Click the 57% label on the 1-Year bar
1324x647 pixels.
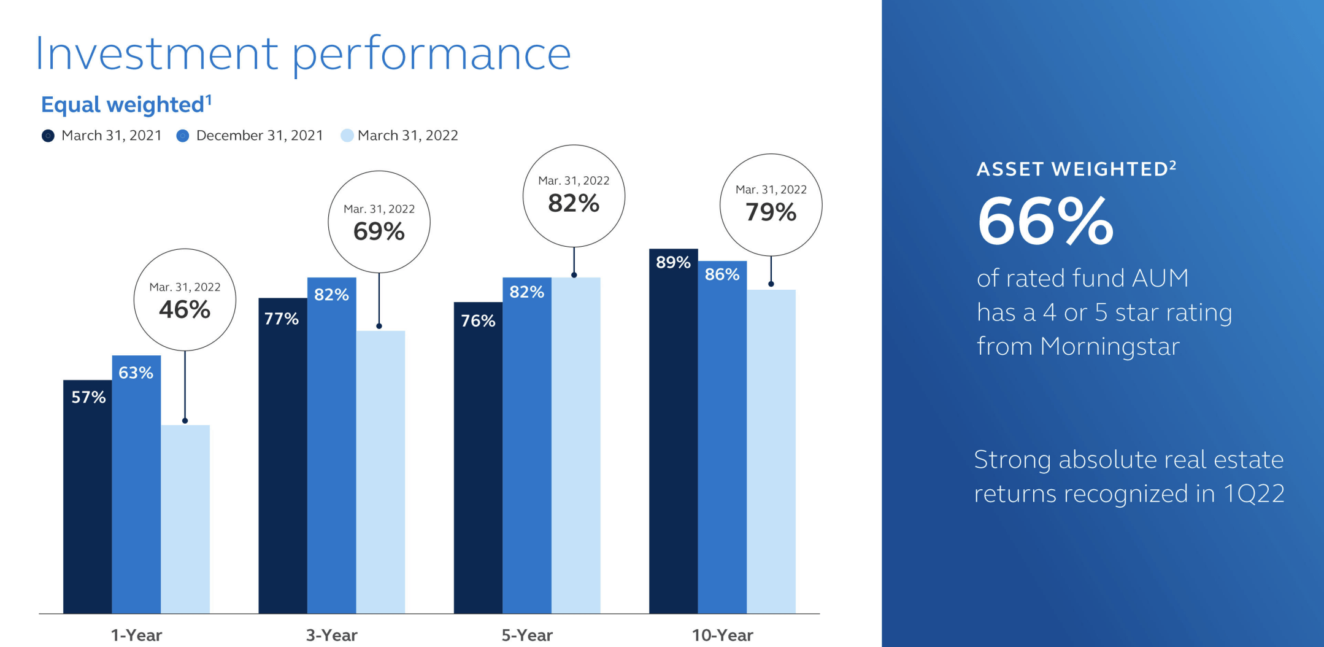tap(88, 397)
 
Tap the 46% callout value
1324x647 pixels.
tap(185, 309)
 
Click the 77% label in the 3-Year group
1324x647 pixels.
tap(282, 319)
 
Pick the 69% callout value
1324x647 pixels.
tap(379, 231)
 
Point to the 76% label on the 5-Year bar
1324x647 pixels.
tap(478, 320)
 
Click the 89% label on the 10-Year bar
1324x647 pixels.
tap(673, 262)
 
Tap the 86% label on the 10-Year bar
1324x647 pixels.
tap(722, 274)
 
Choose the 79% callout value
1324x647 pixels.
tap(771, 212)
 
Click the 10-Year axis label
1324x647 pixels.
tap(722, 635)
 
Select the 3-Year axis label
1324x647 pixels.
tap(331, 635)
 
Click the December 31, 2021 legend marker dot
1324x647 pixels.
tap(183, 136)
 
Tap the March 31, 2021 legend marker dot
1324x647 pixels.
tap(48, 136)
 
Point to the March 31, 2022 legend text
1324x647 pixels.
tap(407, 136)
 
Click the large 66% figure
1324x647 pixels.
tap(1045, 222)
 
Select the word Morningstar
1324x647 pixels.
tap(1110, 347)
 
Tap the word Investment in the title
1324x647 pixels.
tap(157, 54)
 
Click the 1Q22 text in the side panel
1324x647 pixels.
tap(1253, 494)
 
